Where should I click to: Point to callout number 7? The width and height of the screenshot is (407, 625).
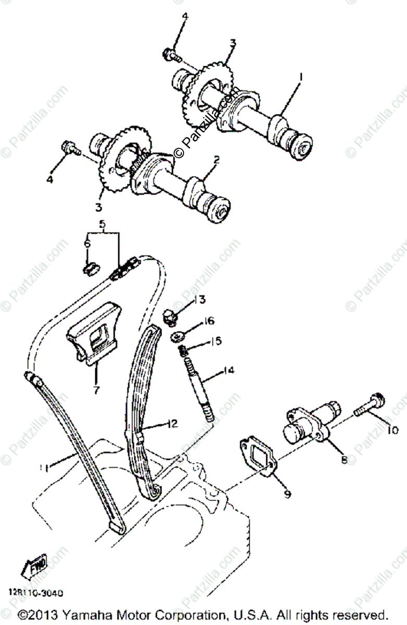pos(96,390)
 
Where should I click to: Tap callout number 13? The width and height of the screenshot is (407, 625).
pos(199,299)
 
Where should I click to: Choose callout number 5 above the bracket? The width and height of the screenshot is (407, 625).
pos(103,225)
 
